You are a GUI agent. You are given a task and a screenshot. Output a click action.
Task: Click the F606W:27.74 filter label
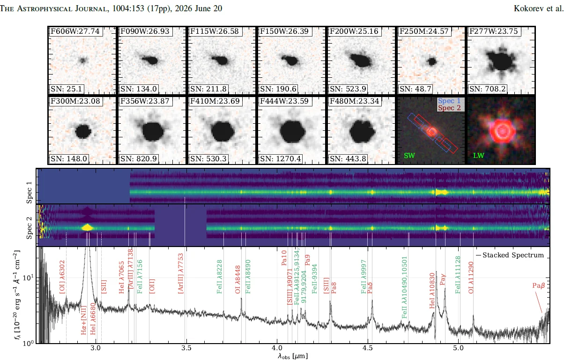pos(75,31)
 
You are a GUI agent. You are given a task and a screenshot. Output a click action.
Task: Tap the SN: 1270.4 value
pos(280,158)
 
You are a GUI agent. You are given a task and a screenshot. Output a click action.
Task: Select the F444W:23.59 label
pos(284,101)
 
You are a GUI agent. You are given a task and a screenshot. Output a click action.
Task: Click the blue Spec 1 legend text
pos(449,101)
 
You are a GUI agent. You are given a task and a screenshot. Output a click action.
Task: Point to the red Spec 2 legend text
pos(449,108)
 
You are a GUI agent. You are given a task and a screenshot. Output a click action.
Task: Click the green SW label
pos(409,156)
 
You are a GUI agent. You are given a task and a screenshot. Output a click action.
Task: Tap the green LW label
pos(479,156)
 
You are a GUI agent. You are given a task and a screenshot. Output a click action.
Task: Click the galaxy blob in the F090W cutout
pos(150,60)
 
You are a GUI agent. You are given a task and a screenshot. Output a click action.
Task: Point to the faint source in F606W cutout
pos(82,60)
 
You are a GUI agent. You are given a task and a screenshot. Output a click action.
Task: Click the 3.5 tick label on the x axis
pos(186,348)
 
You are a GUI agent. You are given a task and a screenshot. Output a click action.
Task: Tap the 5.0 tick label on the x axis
pos(458,348)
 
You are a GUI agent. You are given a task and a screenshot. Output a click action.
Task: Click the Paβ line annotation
pos(538,285)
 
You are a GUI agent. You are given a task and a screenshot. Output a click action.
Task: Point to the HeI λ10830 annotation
pos(432,291)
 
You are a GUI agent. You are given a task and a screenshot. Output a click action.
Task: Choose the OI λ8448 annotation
pos(238,279)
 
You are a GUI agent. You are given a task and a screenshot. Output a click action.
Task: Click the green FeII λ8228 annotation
pos(219,277)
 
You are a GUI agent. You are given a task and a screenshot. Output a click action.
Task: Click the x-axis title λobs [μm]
pos(293,356)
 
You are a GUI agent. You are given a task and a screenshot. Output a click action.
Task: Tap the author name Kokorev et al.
pos(539,8)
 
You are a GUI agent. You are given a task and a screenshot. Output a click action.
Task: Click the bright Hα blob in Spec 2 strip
pos(87,227)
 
